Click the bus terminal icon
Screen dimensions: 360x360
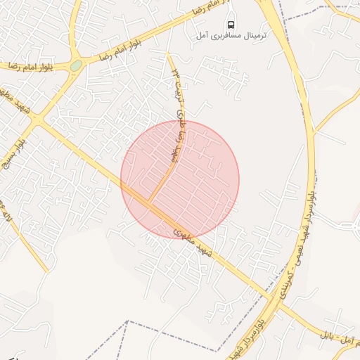coord(231,24)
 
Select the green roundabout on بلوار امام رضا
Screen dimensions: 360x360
coord(76,65)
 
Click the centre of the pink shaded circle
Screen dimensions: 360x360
coord(180,179)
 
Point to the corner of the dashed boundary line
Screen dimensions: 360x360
coord(127,321)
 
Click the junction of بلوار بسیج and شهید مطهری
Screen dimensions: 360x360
coord(37,121)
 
